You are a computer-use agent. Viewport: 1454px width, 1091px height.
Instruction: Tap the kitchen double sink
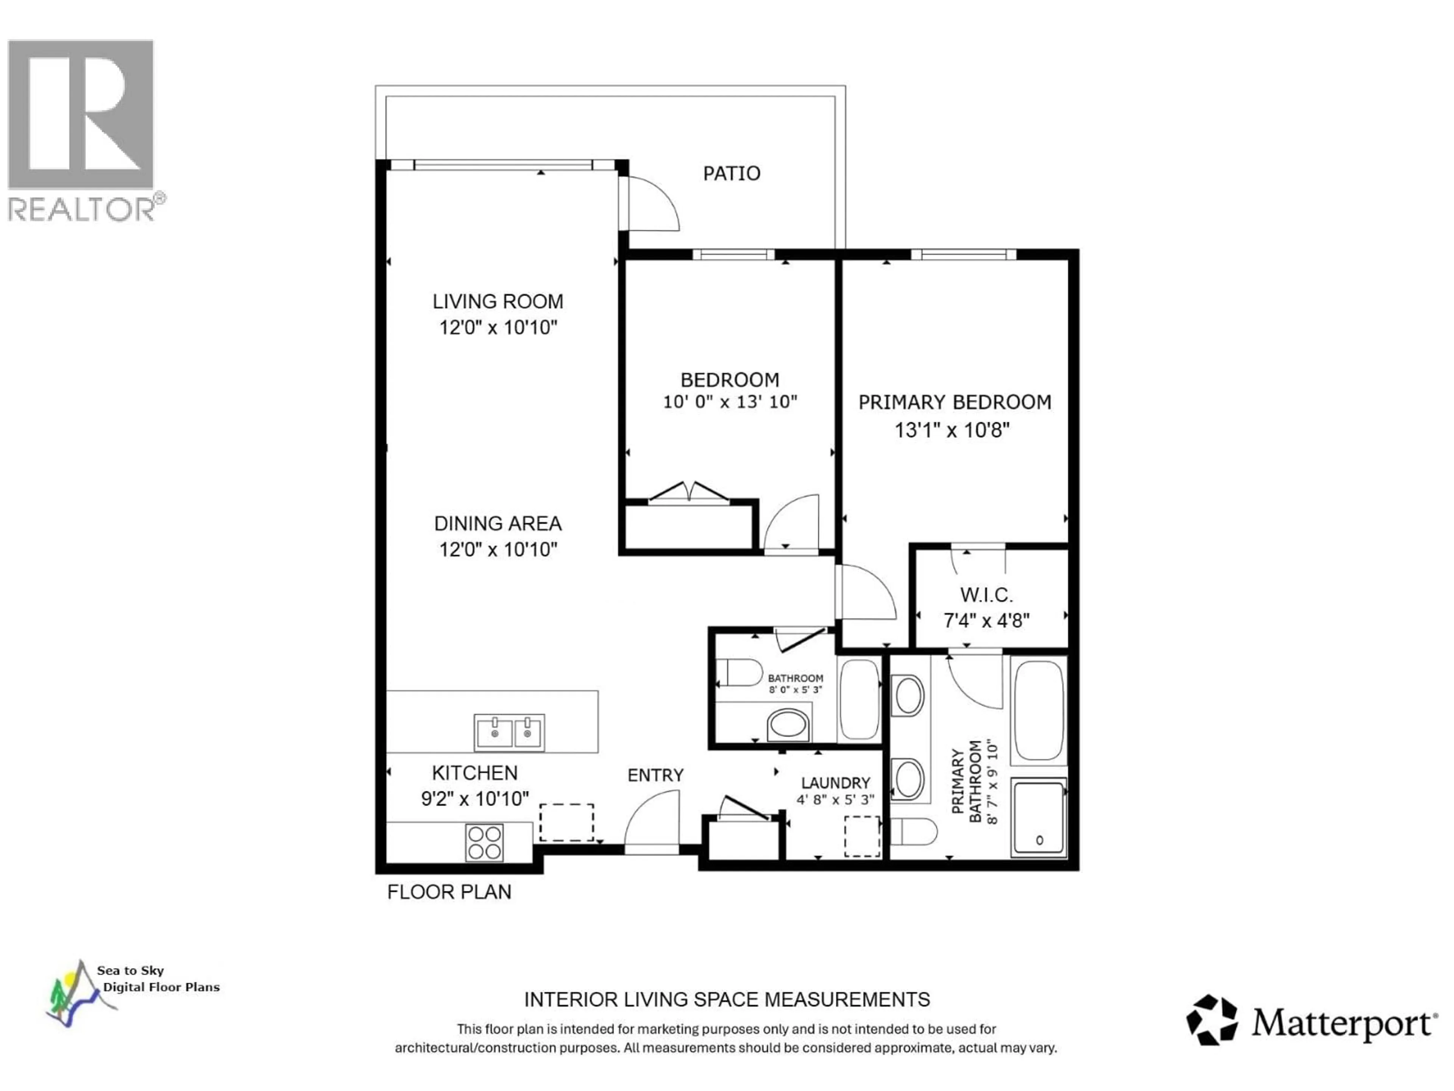(x=509, y=732)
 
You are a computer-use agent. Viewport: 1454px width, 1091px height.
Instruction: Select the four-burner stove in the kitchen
(x=484, y=842)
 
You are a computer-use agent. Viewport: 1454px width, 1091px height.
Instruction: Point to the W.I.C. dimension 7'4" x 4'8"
(x=986, y=620)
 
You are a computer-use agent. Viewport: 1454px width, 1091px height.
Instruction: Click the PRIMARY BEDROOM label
(x=955, y=402)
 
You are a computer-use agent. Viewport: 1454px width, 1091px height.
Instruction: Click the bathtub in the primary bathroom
(x=1039, y=710)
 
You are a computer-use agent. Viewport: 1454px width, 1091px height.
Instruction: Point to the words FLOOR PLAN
(x=449, y=892)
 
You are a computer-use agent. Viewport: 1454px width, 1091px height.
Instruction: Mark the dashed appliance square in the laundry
(x=862, y=836)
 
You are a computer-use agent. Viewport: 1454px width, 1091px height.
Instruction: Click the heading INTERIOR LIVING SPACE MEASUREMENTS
(x=726, y=1000)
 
